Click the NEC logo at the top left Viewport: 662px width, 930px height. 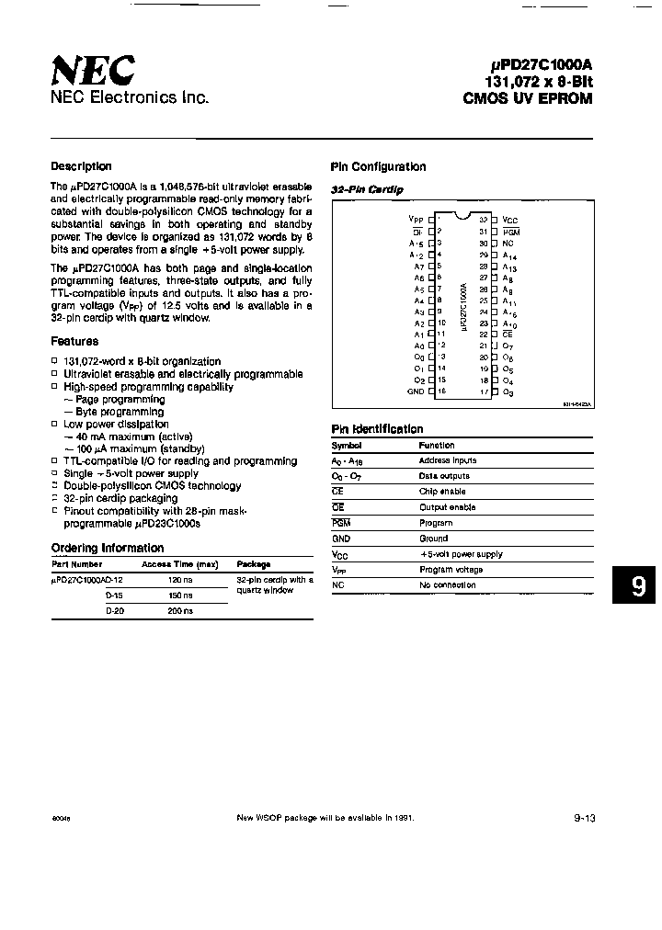coord(92,70)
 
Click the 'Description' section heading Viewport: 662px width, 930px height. coord(81,166)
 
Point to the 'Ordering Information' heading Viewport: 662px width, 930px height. coord(107,549)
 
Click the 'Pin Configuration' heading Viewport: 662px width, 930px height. coord(378,167)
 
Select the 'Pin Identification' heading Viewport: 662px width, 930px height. coord(377,429)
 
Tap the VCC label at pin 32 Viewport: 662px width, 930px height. coord(510,221)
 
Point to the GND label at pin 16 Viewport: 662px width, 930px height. coord(416,391)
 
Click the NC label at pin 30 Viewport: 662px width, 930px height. coord(508,244)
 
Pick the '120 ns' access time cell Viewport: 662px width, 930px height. coord(179,580)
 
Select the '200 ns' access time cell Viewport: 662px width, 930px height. coord(179,611)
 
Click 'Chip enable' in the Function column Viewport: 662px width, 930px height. coord(442,492)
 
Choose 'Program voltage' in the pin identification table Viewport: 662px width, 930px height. coord(451,570)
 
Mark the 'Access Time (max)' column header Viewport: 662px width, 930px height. coord(179,564)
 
